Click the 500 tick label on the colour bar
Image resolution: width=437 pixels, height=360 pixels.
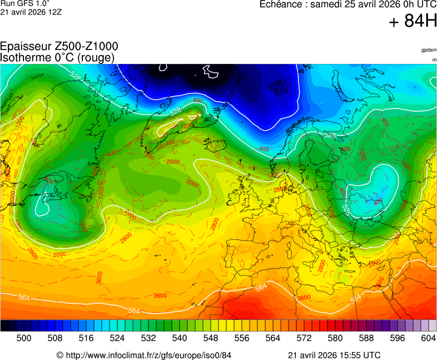click(23, 337)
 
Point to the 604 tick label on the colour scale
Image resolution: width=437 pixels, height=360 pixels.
click(428, 337)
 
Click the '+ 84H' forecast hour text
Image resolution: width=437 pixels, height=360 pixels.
click(413, 22)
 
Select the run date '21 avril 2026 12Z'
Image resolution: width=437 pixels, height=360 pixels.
click(31, 12)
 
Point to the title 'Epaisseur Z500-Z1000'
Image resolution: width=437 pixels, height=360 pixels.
click(59, 46)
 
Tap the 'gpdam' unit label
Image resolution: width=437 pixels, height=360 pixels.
click(429, 50)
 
